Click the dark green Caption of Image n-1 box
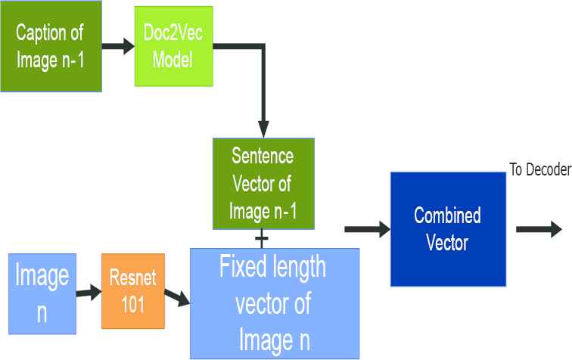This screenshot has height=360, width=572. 50,47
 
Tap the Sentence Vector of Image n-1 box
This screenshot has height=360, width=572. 263,183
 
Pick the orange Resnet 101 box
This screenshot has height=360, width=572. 132,290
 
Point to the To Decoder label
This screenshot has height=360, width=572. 539,170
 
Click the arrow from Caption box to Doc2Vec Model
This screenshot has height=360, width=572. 118,46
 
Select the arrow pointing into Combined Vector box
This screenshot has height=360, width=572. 366,228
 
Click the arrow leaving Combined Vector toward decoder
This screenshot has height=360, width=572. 539,229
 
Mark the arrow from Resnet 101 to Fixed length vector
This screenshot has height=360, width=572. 176,297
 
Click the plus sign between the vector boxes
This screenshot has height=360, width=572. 263,239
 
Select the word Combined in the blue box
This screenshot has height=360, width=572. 447,216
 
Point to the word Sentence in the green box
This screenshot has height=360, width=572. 263,156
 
